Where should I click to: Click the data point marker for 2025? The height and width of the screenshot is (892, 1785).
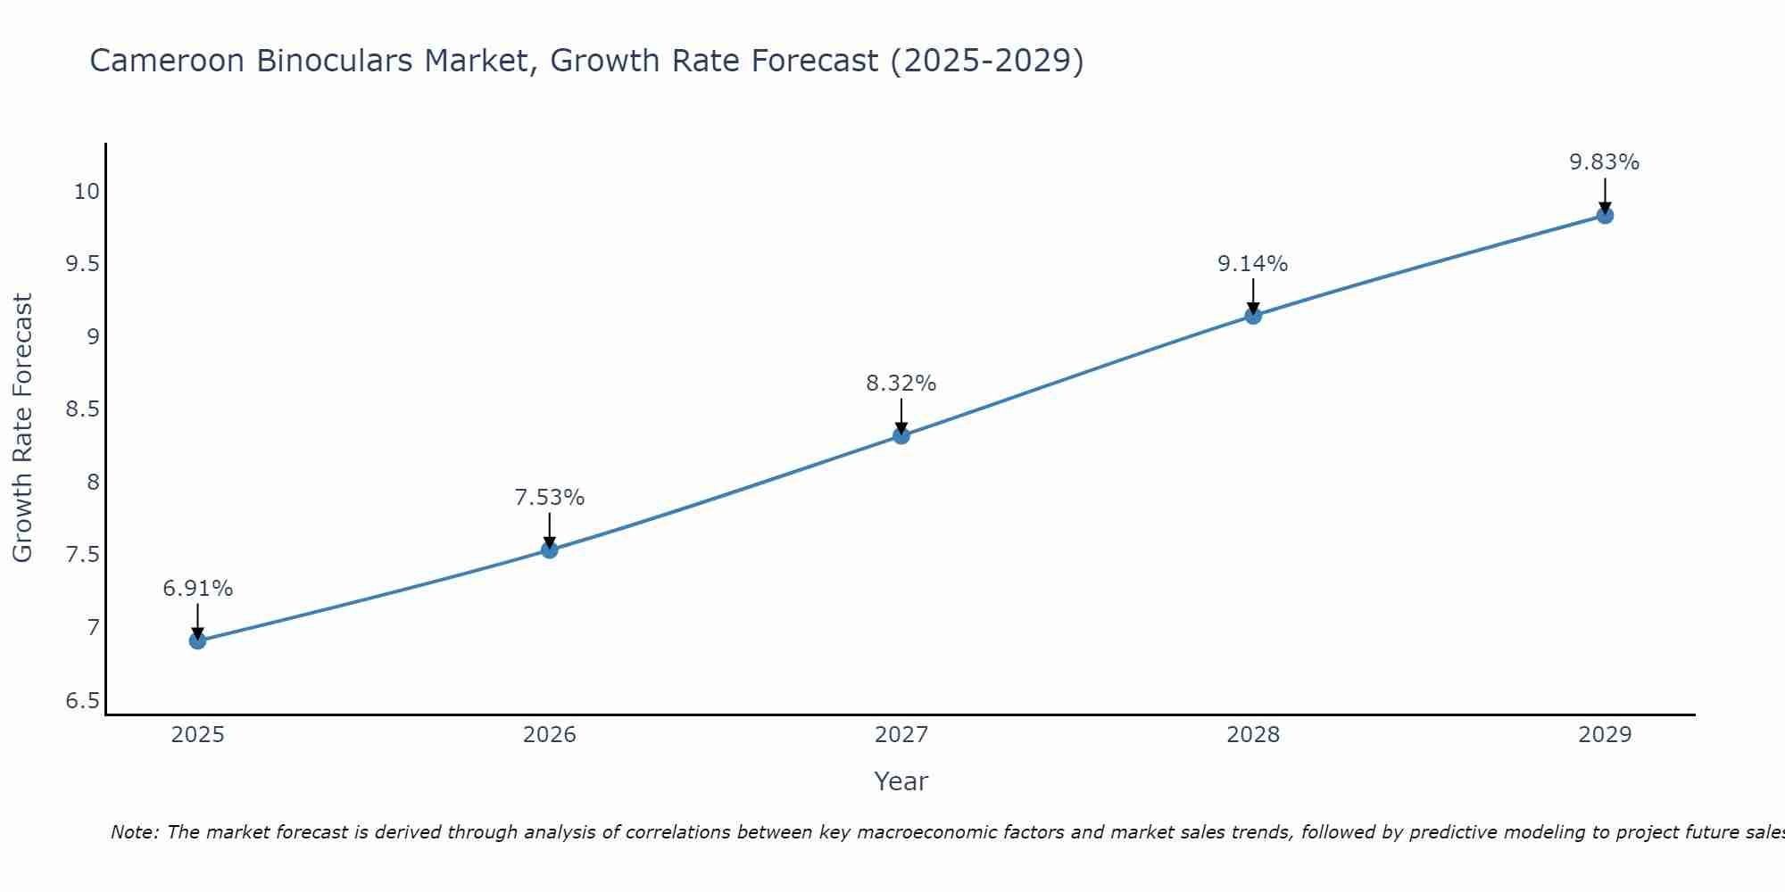pos(198,640)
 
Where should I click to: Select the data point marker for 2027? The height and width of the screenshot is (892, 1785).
pos(901,435)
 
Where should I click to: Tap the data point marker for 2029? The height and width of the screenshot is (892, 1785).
pos(1605,215)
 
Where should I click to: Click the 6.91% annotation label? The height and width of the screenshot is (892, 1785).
pos(198,589)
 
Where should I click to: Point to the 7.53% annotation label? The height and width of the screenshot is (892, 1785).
pos(550,498)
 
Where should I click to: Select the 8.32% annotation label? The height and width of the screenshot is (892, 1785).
pos(901,384)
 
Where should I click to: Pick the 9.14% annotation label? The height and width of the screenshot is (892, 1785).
pos(1253,264)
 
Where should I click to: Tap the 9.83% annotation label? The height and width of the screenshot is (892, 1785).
pos(1605,162)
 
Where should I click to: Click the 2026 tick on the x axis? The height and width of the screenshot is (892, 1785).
pos(550,735)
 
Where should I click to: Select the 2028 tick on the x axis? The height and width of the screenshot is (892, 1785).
pos(1253,735)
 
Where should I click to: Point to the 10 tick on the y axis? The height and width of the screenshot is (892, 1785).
pos(87,192)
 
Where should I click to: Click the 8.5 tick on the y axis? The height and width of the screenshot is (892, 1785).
pos(82,409)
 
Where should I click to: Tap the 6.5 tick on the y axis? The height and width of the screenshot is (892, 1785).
pos(82,701)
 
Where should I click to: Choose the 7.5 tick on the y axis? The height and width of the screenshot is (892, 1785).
pos(82,555)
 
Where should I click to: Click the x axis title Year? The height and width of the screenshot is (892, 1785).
pos(901,781)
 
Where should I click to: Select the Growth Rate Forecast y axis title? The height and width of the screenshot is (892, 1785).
pos(22,428)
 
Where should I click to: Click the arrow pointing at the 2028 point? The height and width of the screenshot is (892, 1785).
pos(1253,298)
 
